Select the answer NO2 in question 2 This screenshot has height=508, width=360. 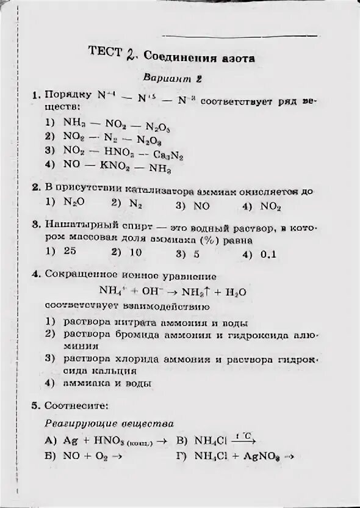(270, 206)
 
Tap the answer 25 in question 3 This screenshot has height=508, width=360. (70, 251)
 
